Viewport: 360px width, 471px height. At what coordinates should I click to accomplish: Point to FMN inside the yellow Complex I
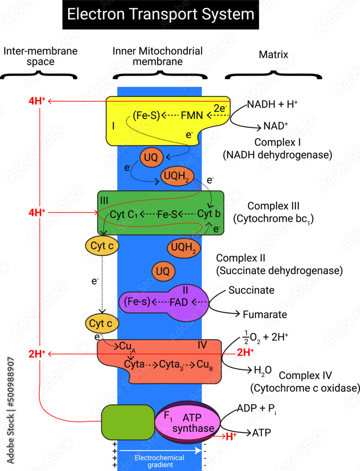coord(192,114)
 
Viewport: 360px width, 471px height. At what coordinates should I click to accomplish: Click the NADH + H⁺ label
coord(272,105)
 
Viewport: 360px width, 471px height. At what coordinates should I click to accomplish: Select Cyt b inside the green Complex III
coord(209,214)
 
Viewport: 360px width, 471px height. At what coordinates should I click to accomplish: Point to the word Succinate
coord(251,291)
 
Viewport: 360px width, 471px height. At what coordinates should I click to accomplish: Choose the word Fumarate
coord(264,314)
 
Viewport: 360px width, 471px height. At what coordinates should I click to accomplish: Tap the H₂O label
coord(263,370)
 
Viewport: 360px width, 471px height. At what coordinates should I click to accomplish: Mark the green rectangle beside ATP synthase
coord(128,422)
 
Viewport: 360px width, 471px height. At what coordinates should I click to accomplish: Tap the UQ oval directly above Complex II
coord(163,271)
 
